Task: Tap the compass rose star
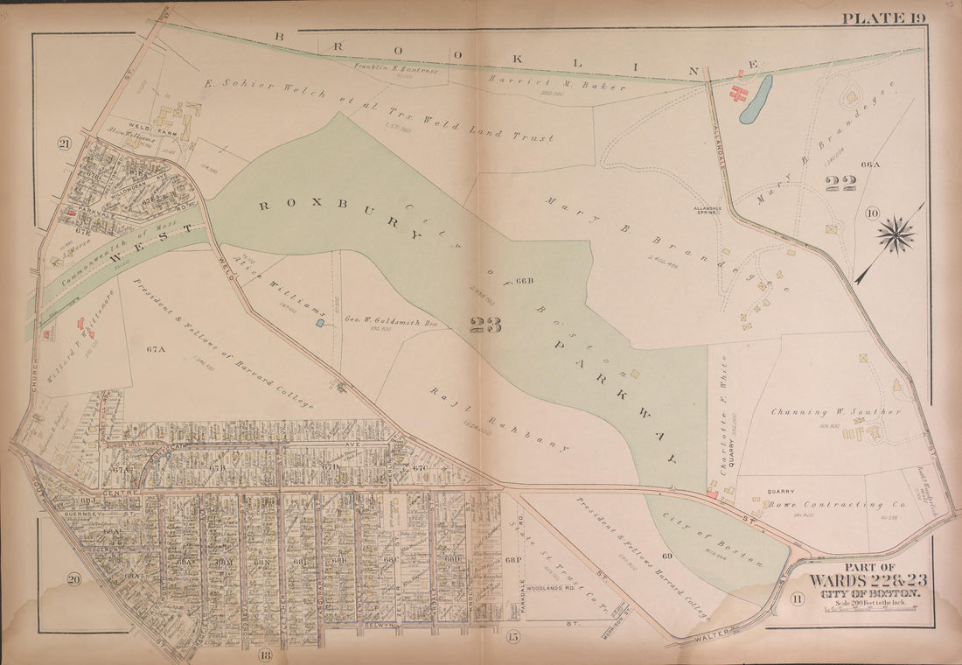click(x=896, y=234)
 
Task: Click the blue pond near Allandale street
click(x=756, y=98)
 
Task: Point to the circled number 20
click(x=74, y=579)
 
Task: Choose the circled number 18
click(x=265, y=654)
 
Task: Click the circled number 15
click(x=513, y=637)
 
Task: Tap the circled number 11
click(x=797, y=598)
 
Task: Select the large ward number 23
click(x=486, y=325)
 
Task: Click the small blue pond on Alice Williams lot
click(x=320, y=323)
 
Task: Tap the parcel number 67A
click(x=156, y=348)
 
